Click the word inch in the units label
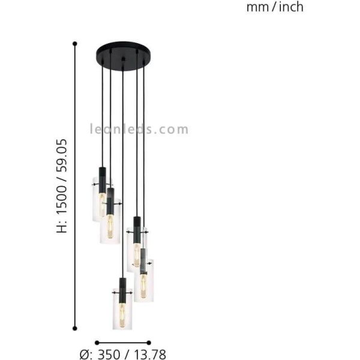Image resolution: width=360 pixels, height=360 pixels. click(290, 7)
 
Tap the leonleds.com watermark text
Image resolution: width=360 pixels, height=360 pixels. click(139, 129)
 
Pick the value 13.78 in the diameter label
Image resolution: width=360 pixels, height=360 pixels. click(151, 355)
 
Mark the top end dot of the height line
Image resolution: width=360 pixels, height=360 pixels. click(75, 43)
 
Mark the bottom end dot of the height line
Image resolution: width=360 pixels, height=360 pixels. click(75, 328)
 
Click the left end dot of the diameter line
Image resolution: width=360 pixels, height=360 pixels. click(96, 343)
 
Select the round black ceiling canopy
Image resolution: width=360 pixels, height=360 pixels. click(122, 52)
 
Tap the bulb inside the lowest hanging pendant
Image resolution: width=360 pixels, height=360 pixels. click(122, 313)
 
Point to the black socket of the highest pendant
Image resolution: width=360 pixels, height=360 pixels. click(102, 175)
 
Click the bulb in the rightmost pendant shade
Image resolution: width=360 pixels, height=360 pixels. click(143, 284)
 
